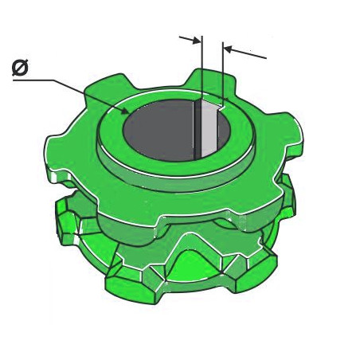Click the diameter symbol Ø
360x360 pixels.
click(20, 68)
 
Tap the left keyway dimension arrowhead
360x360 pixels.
click(197, 41)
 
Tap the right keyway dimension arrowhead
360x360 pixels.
click(228, 49)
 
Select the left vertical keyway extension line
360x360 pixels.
click(202, 68)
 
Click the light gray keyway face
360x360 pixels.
click(209, 130)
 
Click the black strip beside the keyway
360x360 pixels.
click(197, 130)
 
